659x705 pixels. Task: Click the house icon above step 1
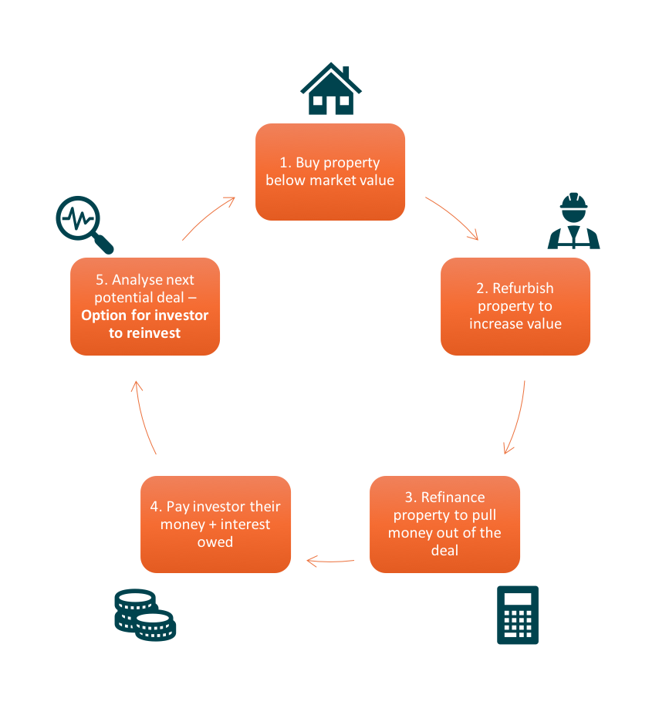coord(330,89)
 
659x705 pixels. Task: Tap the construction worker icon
coord(573,222)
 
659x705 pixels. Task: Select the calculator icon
coord(517,615)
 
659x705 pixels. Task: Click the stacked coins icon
coord(145,615)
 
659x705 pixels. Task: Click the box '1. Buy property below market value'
coord(330,172)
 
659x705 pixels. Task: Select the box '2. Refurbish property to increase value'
coord(515,306)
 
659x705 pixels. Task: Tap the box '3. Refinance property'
coord(444,525)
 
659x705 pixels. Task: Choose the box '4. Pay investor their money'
coord(215,525)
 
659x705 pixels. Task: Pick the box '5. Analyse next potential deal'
coord(145,306)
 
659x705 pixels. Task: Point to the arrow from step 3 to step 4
coord(331,561)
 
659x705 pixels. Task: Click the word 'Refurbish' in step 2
coord(525,288)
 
